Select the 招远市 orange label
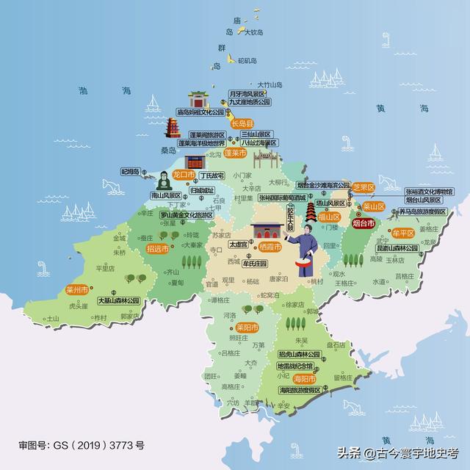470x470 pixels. tap(158, 249)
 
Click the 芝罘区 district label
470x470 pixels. tap(364, 187)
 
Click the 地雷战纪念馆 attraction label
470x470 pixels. tap(294, 366)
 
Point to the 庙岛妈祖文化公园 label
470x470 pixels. tap(199, 113)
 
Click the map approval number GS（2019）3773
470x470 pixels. tap(82, 445)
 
